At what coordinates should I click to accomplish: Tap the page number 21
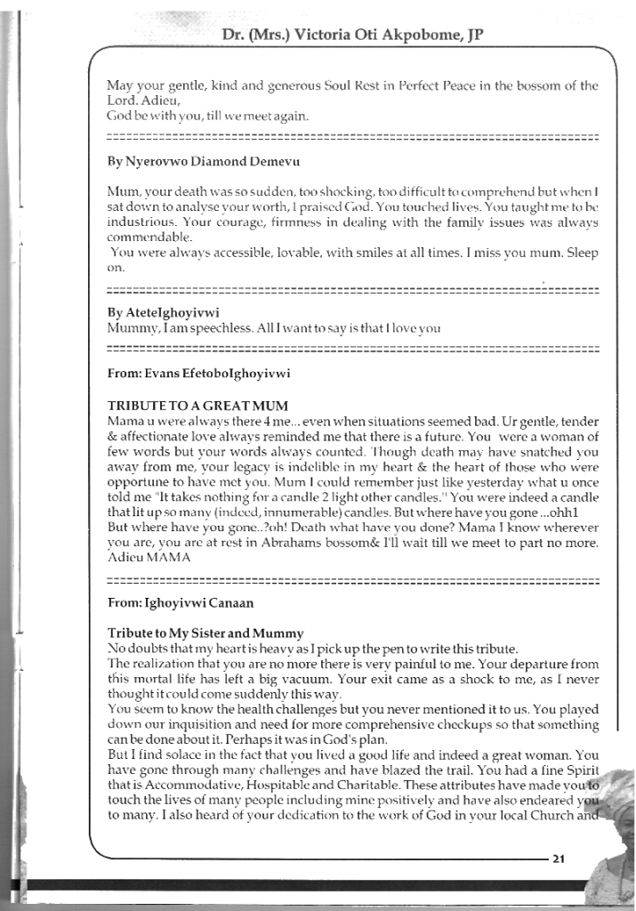(x=559, y=859)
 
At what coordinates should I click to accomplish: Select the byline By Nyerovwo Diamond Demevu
(x=204, y=162)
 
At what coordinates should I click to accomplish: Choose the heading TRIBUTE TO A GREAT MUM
(x=197, y=406)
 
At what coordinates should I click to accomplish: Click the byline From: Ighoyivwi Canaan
(x=181, y=602)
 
